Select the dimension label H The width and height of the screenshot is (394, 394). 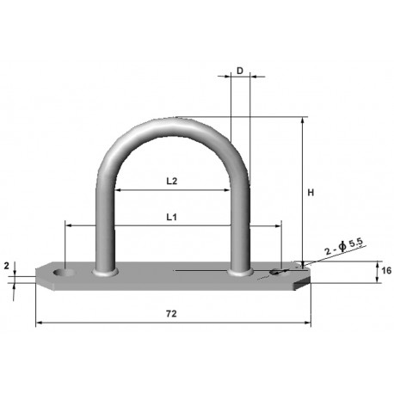point(312,193)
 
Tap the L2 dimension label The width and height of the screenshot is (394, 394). point(171,181)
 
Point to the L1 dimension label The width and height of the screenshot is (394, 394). point(171,218)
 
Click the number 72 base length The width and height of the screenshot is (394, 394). point(171,316)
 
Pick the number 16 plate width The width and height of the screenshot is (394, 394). point(385,272)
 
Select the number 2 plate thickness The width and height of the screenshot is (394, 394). point(8,266)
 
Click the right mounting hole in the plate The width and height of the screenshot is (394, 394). point(275,273)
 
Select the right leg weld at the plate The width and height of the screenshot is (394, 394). point(241,273)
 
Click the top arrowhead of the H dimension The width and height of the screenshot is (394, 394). point(302,120)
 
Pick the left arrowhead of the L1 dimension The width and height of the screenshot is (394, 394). point(68,226)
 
